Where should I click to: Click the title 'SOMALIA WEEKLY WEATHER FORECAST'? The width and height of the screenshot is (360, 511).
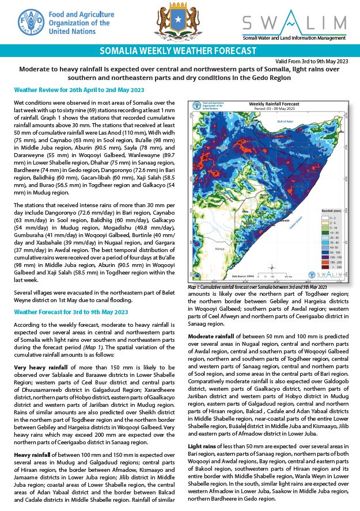[178, 51]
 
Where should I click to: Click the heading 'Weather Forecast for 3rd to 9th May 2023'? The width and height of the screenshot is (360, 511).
[71, 312]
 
